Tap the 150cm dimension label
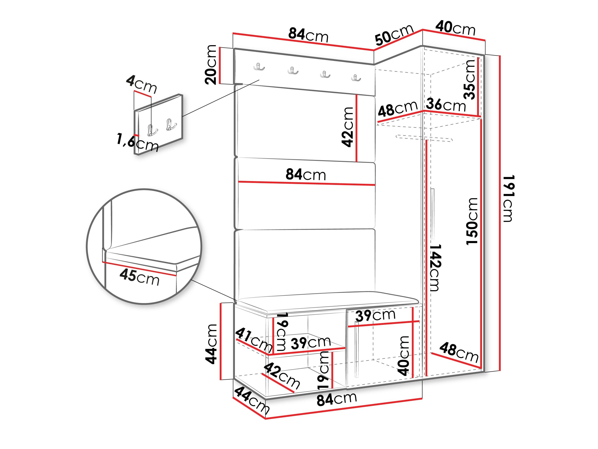(472, 221)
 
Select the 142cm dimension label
(435, 267)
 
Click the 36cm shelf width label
(446, 105)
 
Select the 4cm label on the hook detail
(141, 84)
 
